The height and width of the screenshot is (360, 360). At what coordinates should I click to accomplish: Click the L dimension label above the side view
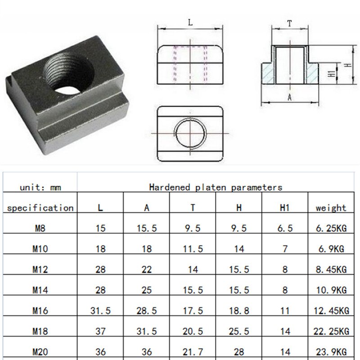(191, 22)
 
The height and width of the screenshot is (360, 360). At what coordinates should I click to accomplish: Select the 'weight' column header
(331, 208)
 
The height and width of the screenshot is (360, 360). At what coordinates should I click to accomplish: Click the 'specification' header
(40, 208)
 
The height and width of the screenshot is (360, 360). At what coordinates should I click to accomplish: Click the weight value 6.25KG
(331, 229)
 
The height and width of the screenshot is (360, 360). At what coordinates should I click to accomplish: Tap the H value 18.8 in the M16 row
(238, 311)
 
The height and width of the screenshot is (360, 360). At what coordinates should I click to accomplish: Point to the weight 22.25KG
(331, 332)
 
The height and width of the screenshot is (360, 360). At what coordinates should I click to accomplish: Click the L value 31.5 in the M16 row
(100, 311)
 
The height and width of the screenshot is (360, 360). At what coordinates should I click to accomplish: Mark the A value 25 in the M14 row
(146, 290)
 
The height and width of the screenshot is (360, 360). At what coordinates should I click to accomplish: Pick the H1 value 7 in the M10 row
(284, 249)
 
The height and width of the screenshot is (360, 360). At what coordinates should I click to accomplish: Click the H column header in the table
(238, 208)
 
